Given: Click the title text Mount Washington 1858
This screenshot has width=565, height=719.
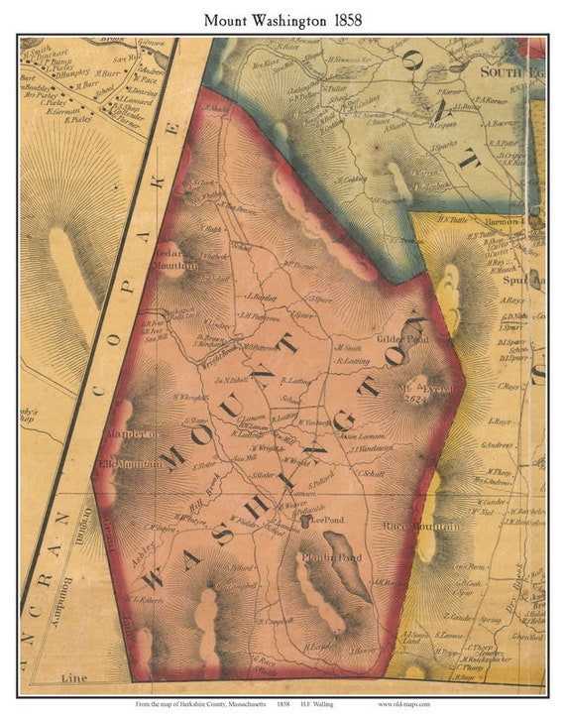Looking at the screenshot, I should pyautogui.click(x=282, y=19).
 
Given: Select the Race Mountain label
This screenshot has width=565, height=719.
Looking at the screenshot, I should pyautogui.click(x=427, y=527).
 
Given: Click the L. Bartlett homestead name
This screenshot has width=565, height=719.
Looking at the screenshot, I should pyautogui.click(x=259, y=298).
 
